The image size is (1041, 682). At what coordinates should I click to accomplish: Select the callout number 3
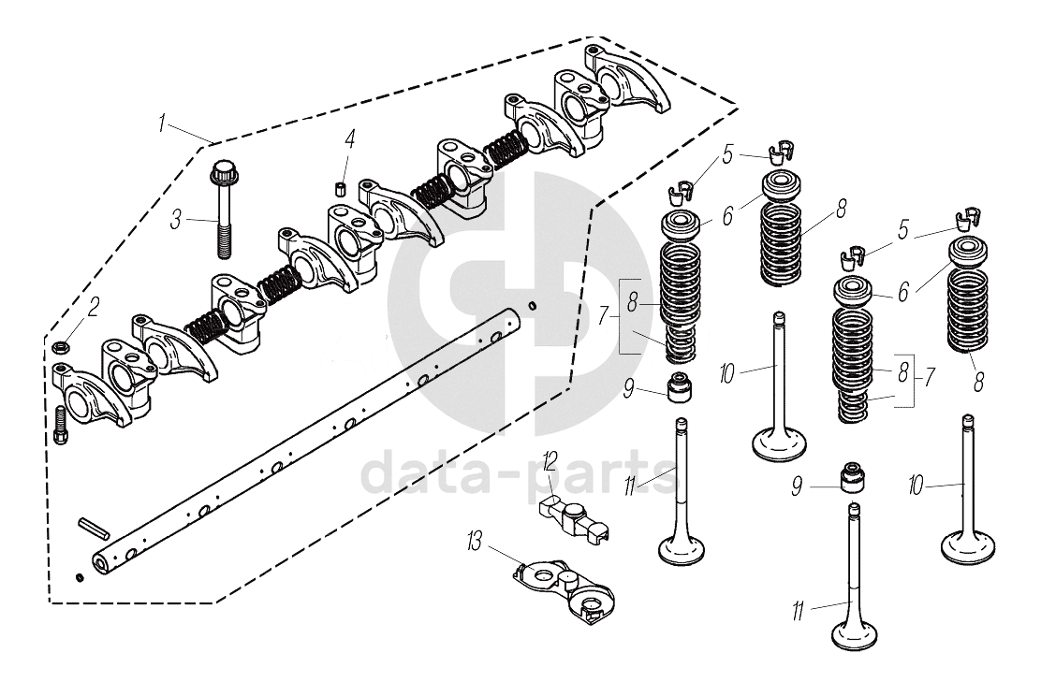coord(176,221)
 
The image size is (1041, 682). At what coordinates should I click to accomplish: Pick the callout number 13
coord(476,540)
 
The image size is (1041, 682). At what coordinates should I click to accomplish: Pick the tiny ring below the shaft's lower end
coord(81,576)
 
